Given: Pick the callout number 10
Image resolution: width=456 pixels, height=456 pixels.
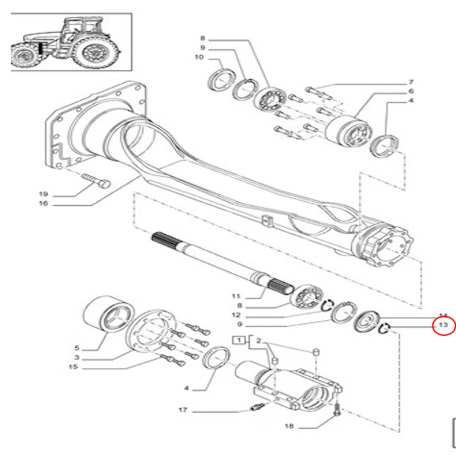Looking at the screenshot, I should coord(199,57).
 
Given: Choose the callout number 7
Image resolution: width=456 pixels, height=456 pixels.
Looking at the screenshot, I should coord(410,82).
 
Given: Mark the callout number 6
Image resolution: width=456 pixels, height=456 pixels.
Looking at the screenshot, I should coord(410,91).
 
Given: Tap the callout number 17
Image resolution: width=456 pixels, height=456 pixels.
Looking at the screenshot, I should coord(182,410).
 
